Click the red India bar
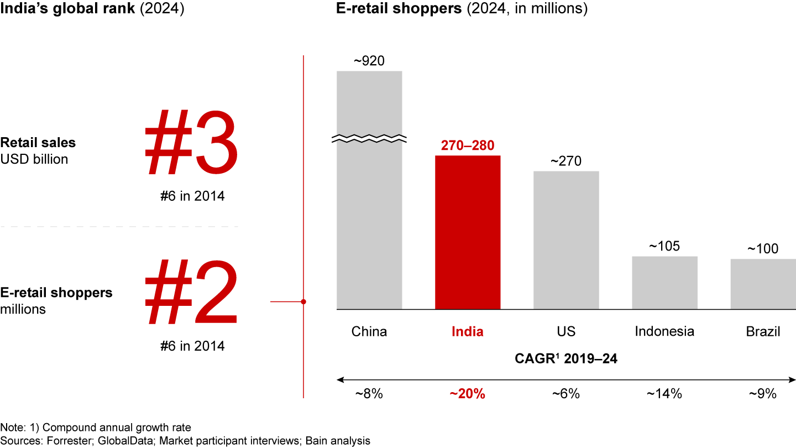click(x=468, y=232)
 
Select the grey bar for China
click(x=369, y=221)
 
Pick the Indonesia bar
click(x=664, y=282)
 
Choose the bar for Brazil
click(x=763, y=283)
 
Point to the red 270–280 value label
click(x=468, y=145)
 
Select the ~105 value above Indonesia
click(x=664, y=246)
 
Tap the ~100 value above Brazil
click(x=763, y=249)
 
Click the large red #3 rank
click(x=191, y=142)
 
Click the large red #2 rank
click(x=191, y=293)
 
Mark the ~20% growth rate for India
click(x=468, y=394)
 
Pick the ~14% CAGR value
click(x=664, y=394)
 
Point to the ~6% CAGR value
click(x=566, y=394)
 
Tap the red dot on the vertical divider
click(x=303, y=301)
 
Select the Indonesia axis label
click(x=664, y=332)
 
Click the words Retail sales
click(x=38, y=143)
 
